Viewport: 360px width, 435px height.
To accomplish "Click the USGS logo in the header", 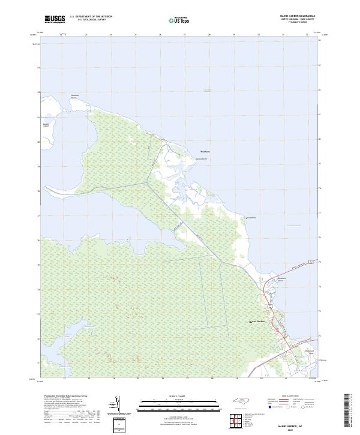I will coord(55,19).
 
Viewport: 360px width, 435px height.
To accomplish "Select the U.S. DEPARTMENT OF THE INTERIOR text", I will coord(91,17).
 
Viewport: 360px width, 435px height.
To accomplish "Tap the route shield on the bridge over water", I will coord(311,260).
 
